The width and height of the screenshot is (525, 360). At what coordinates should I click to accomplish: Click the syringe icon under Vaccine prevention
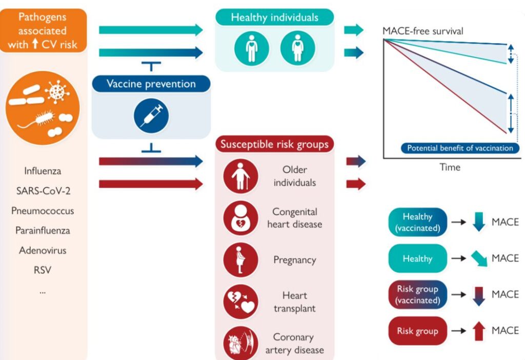coord(151,115)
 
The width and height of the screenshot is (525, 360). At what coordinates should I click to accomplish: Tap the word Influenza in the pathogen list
coord(43,171)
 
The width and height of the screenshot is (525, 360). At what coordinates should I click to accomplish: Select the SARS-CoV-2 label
coord(43,191)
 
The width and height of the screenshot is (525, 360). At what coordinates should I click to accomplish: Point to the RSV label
coord(43,270)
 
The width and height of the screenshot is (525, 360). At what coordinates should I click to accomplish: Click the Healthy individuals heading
coord(274,17)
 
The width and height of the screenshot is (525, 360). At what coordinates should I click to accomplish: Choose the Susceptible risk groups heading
coord(274,144)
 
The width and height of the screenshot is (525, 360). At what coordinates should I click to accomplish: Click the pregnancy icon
coord(240,260)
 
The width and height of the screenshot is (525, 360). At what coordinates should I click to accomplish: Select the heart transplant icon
coord(240,302)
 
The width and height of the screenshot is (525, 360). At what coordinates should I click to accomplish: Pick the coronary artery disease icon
coord(240,343)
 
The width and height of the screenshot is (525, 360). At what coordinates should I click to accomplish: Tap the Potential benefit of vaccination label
coord(459,148)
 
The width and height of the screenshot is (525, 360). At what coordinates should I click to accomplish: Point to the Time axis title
coord(450,167)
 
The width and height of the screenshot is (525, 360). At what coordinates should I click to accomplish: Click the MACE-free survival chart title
coord(423,31)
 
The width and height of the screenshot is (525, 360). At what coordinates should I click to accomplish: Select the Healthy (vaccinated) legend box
coord(417,223)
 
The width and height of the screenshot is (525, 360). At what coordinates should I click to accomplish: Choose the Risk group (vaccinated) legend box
coord(417,295)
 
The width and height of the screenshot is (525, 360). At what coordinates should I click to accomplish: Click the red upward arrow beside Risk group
coord(479,331)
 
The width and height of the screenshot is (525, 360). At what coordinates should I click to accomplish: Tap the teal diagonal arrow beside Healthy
coord(479,259)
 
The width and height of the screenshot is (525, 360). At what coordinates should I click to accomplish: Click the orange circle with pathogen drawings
coord(43,107)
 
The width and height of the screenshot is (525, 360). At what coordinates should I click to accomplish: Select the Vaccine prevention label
coord(151,84)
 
